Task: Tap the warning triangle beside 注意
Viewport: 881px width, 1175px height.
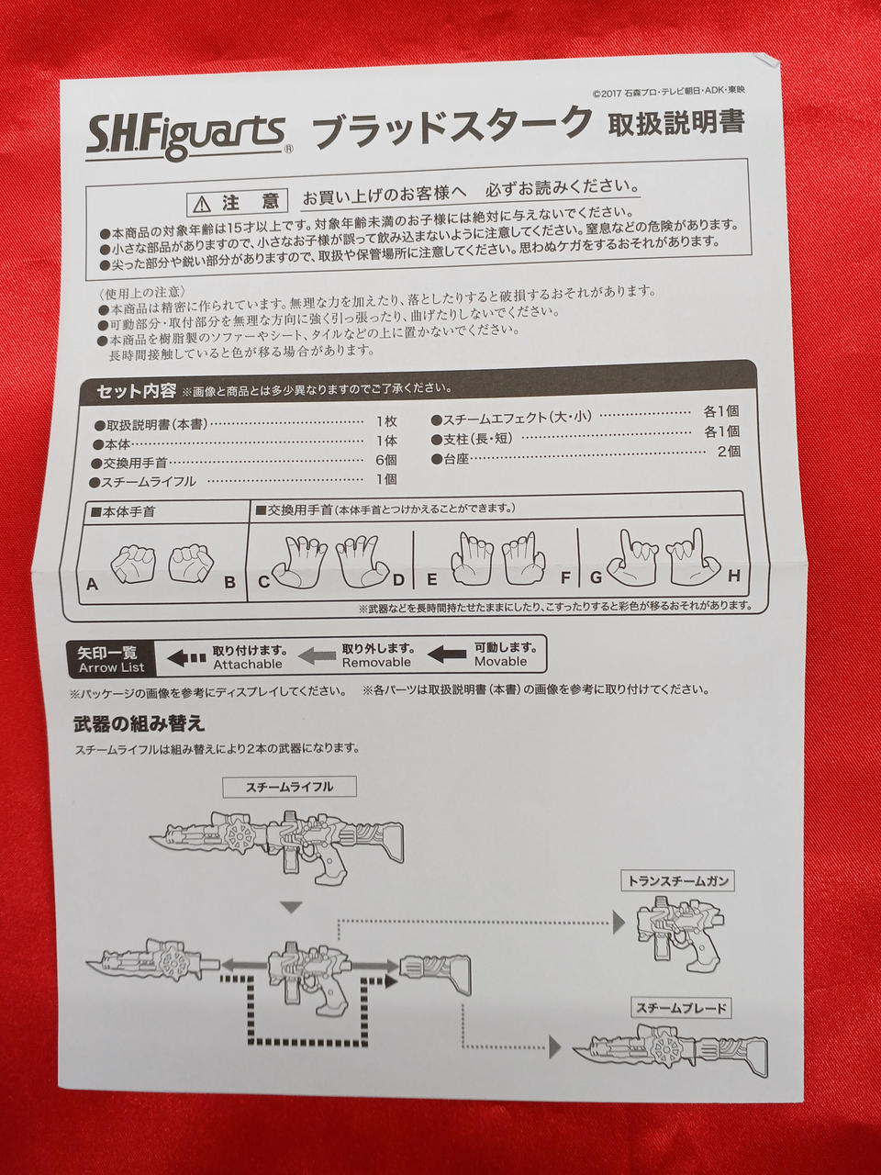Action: pos(203,204)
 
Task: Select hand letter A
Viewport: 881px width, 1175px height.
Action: pos(92,584)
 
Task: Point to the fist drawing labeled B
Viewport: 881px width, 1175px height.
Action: pos(191,563)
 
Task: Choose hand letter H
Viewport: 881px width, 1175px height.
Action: pos(734,576)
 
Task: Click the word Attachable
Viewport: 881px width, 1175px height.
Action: pos(247,664)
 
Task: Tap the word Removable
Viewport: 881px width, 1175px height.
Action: pos(377,662)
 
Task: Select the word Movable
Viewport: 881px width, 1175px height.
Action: pos(501,661)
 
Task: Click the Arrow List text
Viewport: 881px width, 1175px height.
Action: pos(111,667)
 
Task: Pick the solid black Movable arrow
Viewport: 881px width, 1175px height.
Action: pos(447,654)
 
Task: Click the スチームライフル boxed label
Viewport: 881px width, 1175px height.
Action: pos(289,787)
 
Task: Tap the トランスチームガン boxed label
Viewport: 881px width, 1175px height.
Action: pos(678,880)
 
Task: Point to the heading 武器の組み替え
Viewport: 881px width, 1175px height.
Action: pos(139,724)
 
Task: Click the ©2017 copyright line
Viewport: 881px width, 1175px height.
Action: pos(668,92)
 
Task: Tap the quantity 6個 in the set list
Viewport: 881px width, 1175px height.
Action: pos(385,460)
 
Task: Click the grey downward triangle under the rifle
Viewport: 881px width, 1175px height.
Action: pos(292,907)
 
